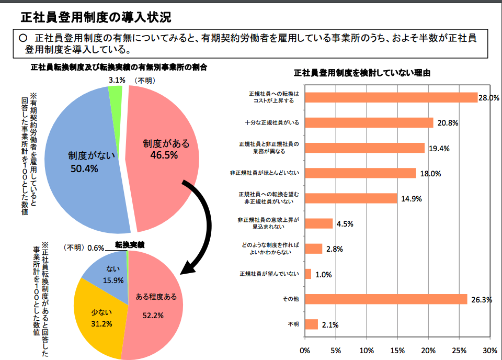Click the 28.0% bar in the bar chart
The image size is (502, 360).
click(x=391, y=97)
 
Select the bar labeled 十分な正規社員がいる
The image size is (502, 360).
click(x=369, y=122)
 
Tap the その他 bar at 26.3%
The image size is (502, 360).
click(x=386, y=299)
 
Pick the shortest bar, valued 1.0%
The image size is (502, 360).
click(x=308, y=274)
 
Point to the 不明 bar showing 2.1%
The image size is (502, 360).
click(x=311, y=324)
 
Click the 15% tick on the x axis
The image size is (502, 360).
click(x=397, y=349)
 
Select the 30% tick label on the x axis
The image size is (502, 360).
click(x=489, y=349)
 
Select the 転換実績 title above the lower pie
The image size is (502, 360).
click(x=129, y=244)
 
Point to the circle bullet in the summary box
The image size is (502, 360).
click(x=22, y=39)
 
